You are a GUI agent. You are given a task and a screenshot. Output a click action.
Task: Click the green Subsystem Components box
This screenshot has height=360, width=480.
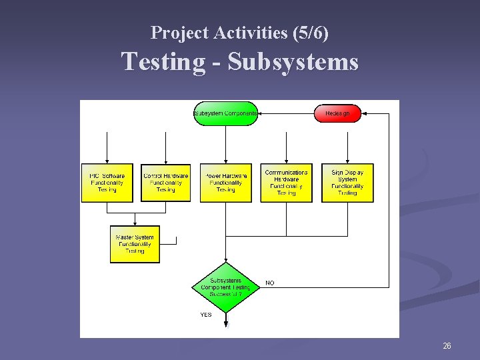click(225, 113)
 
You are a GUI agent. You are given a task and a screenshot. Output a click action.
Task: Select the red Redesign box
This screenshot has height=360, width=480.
click(337, 113)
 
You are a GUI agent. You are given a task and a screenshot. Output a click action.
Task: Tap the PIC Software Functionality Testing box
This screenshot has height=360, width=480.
click(107, 183)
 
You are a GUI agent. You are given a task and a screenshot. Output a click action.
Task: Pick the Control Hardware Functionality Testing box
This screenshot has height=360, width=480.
click(166, 183)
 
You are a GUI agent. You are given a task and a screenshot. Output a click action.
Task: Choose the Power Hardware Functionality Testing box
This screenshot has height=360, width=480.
click(225, 183)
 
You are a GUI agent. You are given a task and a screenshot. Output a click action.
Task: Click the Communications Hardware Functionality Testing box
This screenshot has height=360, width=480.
click(286, 183)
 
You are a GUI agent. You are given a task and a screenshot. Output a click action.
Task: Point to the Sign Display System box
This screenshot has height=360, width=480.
click(347, 183)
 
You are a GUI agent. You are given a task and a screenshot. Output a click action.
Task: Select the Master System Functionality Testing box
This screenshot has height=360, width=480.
click(135, 244)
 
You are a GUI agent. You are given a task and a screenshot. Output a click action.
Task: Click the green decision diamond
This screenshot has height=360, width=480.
click(225, 287)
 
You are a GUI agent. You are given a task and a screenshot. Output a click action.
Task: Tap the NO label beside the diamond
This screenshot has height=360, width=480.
click(270, 283)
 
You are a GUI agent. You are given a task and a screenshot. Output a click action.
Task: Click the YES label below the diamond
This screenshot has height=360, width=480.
click(206, 315)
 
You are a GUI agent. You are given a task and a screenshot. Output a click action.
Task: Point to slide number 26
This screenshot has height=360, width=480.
click(447, 346)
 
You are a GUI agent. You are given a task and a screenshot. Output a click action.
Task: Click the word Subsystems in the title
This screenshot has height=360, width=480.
click(293, 62)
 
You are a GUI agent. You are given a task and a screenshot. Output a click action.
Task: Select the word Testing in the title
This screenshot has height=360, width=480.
click(163, 62)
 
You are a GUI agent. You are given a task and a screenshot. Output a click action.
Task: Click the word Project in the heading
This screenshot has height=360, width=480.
click(172, 32)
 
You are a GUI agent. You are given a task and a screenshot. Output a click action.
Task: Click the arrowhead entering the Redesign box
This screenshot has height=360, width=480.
click(364, 113)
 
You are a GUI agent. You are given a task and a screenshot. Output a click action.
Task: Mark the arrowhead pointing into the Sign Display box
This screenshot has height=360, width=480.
click(347, 161)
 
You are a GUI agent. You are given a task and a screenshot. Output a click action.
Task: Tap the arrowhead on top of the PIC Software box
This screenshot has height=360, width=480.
click(107, 161)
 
